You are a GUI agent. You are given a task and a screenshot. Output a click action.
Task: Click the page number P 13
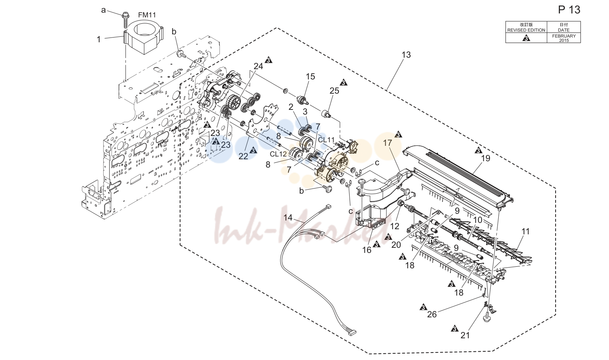point(569,10)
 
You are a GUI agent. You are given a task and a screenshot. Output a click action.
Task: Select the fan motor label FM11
point(147,15)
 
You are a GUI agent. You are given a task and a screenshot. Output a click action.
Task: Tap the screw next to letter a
point(126,20)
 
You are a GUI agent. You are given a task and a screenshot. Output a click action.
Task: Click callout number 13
point(406,55)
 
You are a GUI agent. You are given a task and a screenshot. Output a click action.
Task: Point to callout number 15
point(310,77)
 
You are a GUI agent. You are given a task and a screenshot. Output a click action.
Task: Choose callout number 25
point(334,91)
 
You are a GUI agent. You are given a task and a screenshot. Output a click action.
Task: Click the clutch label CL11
point(326,140)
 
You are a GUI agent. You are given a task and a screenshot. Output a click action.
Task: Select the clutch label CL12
point(278,154)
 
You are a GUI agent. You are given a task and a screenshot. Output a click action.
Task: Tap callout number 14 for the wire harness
point(288,218)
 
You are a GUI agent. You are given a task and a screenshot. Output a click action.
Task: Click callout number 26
point(432,314)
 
